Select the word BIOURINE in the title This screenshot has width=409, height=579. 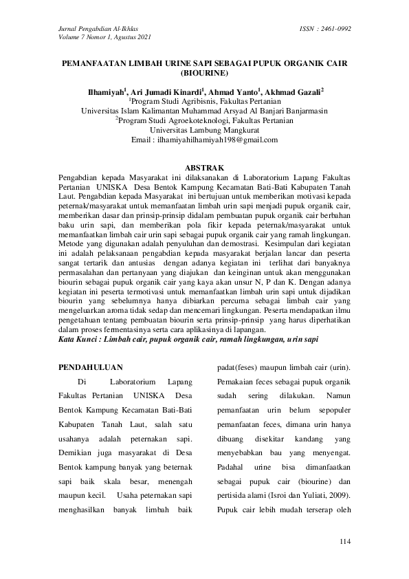pos(204,72)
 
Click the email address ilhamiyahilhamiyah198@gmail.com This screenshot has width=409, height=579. pos(213,139)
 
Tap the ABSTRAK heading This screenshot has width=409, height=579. pos(204,167)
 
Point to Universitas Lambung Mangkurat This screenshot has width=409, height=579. pos(204,129)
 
